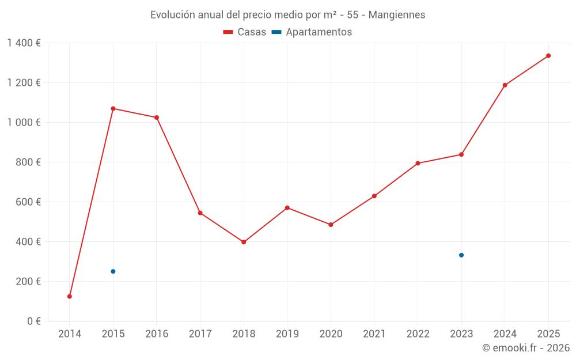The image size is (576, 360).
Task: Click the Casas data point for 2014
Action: [x=70, y=297]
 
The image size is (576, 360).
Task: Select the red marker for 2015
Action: [x=113, y=108]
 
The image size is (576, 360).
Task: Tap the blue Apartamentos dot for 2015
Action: [x=113, y=271]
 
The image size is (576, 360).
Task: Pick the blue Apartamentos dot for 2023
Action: [x=461, y=255]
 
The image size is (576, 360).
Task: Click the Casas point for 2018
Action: [x=244, y=242]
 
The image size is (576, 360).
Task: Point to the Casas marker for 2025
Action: [x=548, y=56]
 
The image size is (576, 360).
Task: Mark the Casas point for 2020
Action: [x=331, y=225]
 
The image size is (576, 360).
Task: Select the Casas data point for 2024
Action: [x=505, y=85]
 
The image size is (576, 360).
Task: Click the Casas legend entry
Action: [x=245, y=32]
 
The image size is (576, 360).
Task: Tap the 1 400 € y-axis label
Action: [x=24, y=43]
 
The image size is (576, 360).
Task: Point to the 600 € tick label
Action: [x=29, y=202]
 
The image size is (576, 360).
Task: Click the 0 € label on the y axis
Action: [x=33, y=321]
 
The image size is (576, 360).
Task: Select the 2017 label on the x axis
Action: [x=200, y=334]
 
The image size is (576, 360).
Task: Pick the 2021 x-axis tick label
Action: [x=374, y=334]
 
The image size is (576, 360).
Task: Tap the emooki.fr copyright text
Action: [x=526, y=348]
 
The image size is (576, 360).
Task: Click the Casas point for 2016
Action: [x=157, y=118]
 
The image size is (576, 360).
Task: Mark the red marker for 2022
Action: [x=418, y=163]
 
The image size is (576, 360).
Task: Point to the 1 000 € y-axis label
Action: [x=24, y=123]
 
